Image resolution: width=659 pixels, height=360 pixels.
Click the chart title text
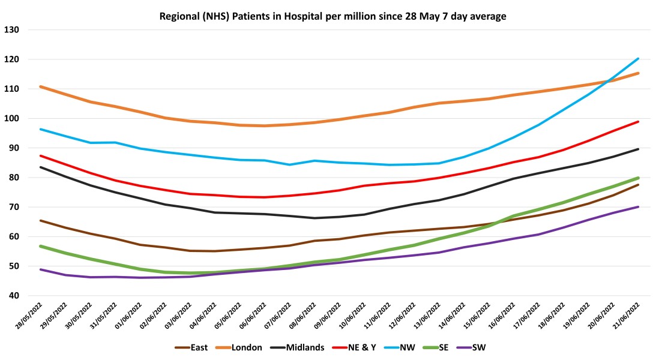pyautogui.click(x=333, y=16)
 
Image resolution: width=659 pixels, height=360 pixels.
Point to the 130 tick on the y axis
pyautogui.click(x=12, y=30)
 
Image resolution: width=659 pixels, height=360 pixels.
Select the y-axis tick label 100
pyautogui.click(x=12, y=119)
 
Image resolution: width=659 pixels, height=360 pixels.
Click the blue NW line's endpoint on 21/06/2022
pyautogui.click(x=638, y=59)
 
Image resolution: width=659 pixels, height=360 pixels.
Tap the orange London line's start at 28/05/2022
pyautogui.click(x=40, y=86)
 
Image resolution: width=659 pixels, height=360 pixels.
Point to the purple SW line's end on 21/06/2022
pyautogui.click(x=638, y=207)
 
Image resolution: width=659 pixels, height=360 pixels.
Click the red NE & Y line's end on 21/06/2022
pyautogui.click(x=638, y=122)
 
